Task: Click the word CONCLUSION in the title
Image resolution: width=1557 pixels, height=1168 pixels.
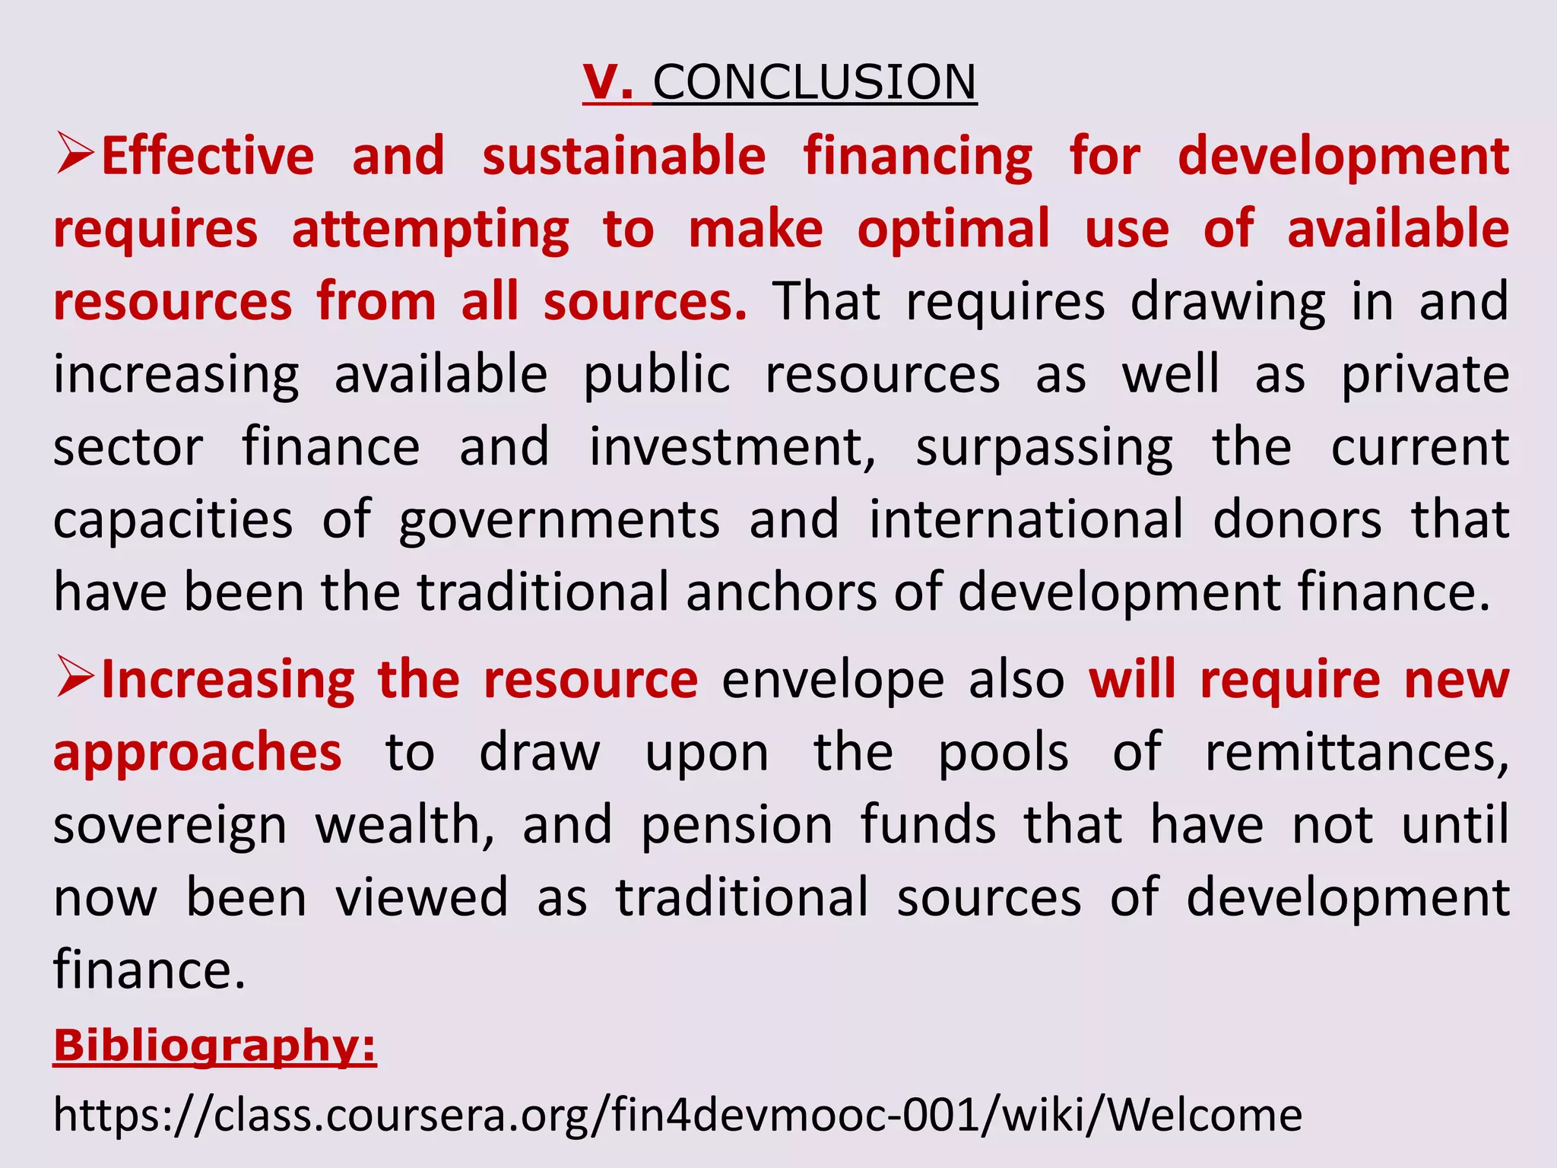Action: (x=814, y=82)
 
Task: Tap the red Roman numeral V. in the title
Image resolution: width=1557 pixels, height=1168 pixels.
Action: (x=608, y=82)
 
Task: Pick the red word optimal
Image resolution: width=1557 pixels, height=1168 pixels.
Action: (x=953, y=229)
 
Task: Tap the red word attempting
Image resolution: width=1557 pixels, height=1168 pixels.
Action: (x=430, y=230)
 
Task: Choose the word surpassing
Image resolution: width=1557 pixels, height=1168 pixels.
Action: (x=1044, y=449)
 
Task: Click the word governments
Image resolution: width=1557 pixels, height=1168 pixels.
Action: (x=560, y=521)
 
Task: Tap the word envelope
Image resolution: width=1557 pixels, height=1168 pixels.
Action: (x=832, y=680)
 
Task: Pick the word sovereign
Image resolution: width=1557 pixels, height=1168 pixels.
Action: (x=170, y=826)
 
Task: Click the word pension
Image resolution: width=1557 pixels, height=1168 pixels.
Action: (x=737, y=826)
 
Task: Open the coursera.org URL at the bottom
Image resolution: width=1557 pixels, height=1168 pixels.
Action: (x=677, y=1116)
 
